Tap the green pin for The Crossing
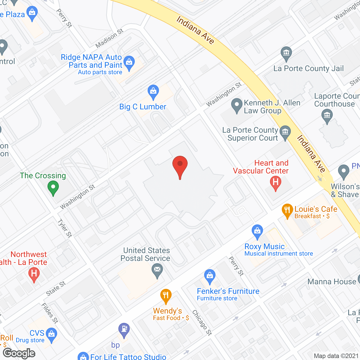tap(53, 188)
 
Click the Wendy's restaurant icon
tap(166, 296)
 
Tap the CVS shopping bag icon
tap(51, 335)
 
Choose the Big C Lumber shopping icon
tap(153, 91)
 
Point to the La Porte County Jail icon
tap(286, 53)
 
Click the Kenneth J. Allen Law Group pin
tap(237, 105)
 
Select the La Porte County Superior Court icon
tap(285, 132)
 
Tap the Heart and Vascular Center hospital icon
tap(276, 183)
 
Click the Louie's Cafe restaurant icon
tap(287, 210)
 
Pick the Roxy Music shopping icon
tap(257, 231)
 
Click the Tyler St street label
tap(65, 228)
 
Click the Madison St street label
tap(109, 38)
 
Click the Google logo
tap(19, 353)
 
